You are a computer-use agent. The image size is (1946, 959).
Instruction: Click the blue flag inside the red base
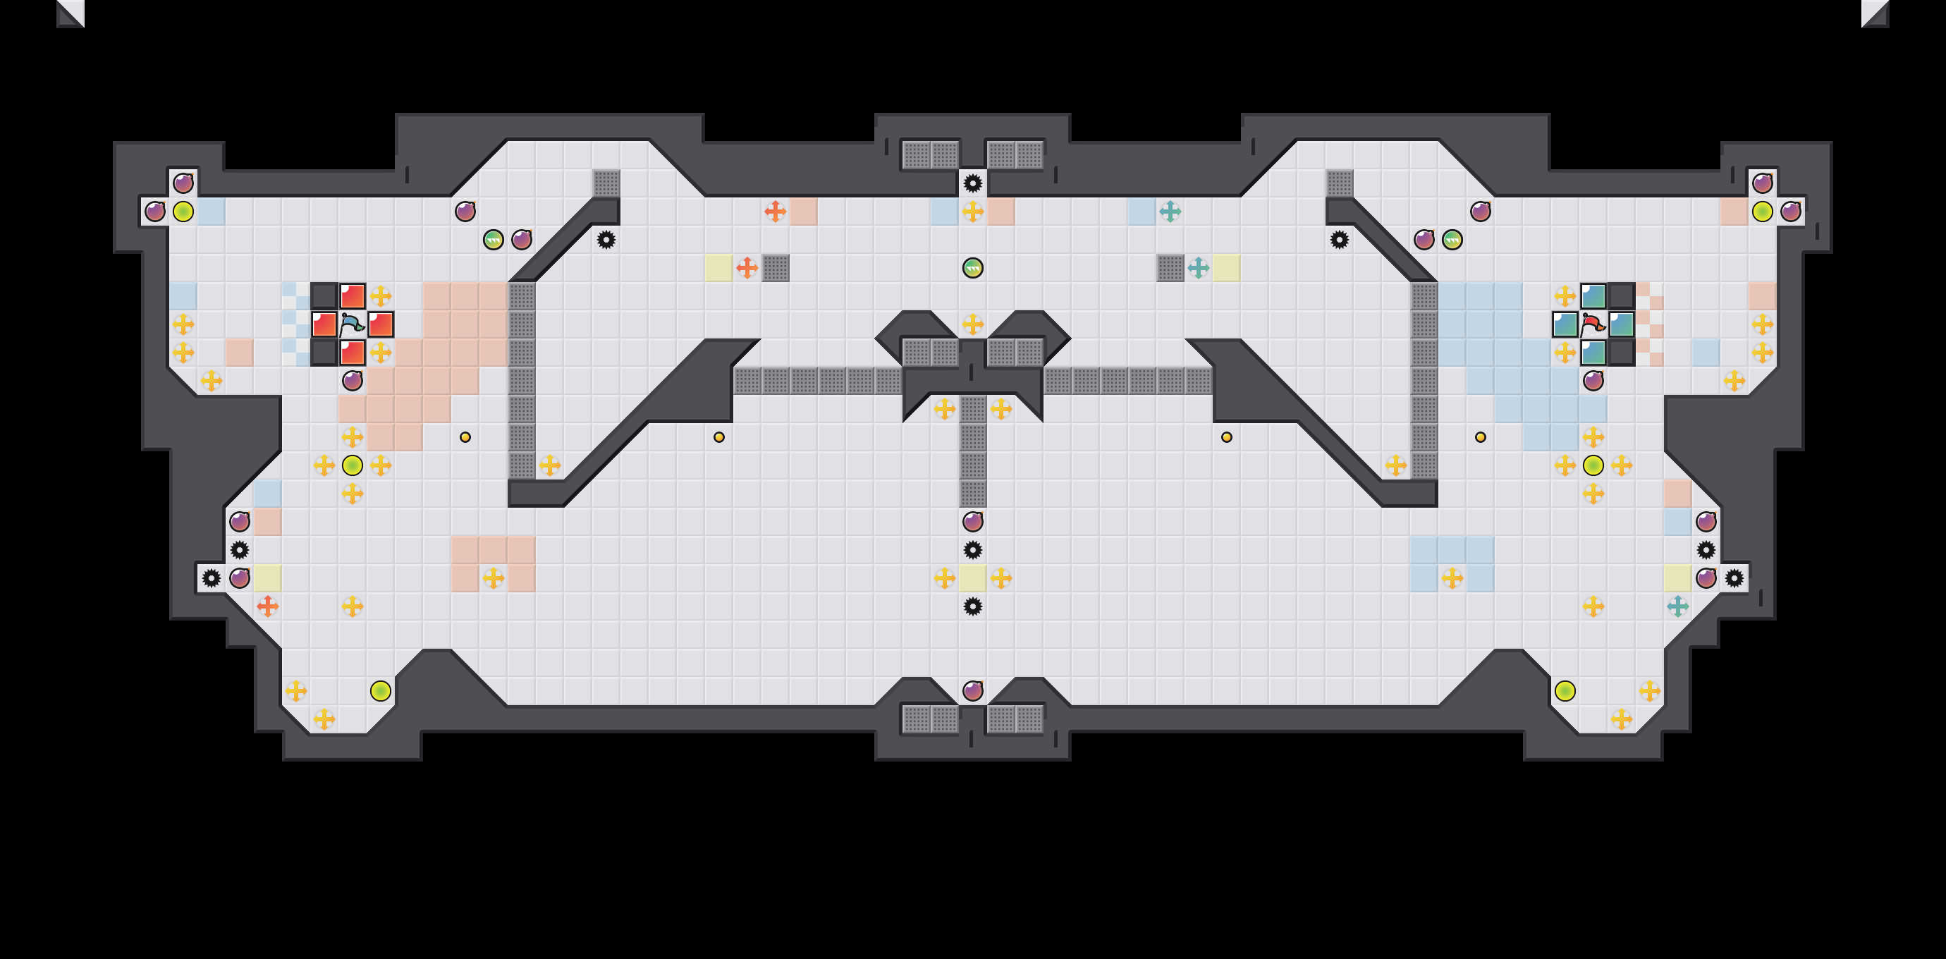coord(352,324)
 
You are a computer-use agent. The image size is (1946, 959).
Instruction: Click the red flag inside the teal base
coord(1593,324)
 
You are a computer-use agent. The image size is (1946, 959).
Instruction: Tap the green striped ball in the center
coord(973,267)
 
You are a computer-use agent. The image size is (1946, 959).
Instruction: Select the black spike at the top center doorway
coord(973,183)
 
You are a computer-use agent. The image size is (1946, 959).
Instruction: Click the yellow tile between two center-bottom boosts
coord(973,578)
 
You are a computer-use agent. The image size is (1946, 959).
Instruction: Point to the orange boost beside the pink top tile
coord(775,212)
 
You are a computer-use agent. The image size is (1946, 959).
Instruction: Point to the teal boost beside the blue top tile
coord(1170,212)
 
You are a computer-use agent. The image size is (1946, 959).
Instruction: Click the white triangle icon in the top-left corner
coord(71,13)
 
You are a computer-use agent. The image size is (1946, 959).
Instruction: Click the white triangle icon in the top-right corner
coord(1875,13)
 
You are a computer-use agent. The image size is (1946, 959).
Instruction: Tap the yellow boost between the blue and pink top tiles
coord(973,212)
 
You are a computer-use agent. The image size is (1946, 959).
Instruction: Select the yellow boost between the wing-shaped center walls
coord(973,324)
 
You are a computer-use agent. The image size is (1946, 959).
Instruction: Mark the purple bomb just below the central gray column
coord(973,521)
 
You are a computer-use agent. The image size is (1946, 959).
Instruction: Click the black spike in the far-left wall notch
coord(212,578)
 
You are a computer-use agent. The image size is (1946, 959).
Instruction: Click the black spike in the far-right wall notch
coord(1734,578)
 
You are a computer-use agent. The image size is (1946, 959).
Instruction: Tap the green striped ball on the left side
coord(494,240)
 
